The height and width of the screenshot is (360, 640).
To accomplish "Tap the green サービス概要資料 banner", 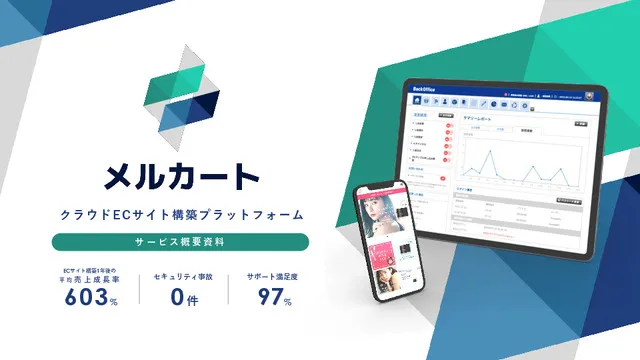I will coord(180,243).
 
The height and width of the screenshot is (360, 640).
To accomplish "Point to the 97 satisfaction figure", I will coord(267,297).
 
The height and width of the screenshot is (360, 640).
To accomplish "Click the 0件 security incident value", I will coord(181,297).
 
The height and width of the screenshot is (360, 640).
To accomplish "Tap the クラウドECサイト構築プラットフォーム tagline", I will coord(181,214).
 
